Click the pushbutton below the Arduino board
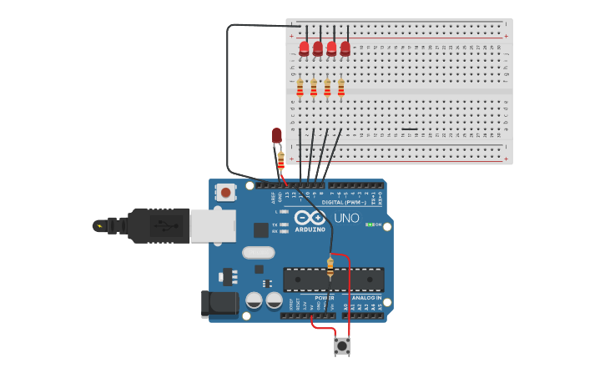(x=342, y=345)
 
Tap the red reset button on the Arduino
(x=225, y=193)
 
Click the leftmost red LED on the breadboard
(x=304, y=48)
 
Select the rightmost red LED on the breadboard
(x=345, y=48)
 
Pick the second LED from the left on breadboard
(x=318, y=48)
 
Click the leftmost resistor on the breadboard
(x=300, y=87)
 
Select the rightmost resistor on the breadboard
(x=340, y=87)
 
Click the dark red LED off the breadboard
(x=277, y=135)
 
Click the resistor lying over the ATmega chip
(x=330, y=267)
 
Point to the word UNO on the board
(x=346, y=219)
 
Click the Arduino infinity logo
(x=310, y=217)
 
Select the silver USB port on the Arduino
(x=212, y=225)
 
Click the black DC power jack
(x=219, y=304)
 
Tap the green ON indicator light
(x=368, y=224)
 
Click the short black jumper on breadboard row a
(x=409, y=129)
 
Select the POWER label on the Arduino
(x=325, y=298)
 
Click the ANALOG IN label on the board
(x=366, y=298)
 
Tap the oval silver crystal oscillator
(x=258, y=252)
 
